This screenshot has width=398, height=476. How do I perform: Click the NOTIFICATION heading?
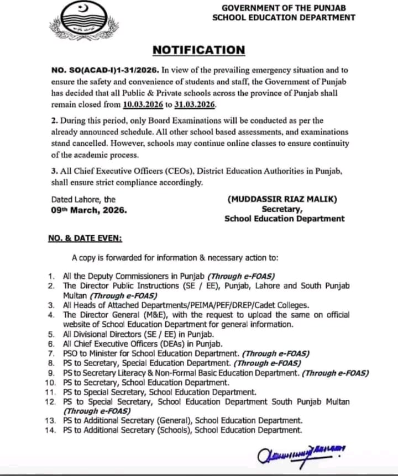[x=198, y=50]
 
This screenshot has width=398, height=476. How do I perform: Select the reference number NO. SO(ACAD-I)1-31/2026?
[x=105, y=71]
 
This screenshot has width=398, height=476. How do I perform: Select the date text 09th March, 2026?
[x=89, y=210]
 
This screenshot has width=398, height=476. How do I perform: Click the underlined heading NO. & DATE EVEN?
[x=85, y=238]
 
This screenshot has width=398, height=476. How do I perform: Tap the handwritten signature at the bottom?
[x=300, y=454]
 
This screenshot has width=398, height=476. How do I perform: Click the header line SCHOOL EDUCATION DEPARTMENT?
[x=284, y=18]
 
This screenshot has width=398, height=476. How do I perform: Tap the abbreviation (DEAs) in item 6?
[x=156, y=343]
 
